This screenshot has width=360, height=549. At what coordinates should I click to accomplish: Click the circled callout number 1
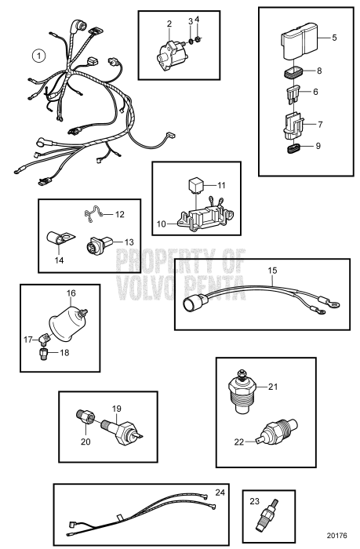click(36, 56)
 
